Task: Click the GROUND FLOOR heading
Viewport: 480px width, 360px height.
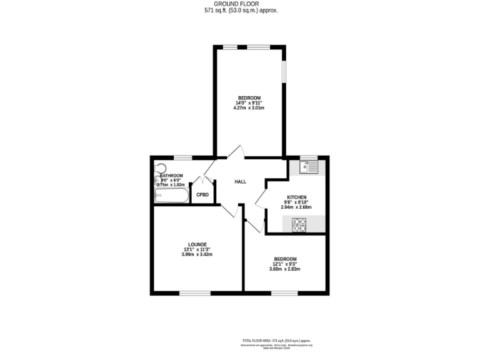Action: pyautogui.click(x=241, y=4)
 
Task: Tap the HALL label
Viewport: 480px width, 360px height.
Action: pyautogui.click(x=240, y=182)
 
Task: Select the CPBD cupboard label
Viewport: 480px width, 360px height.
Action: pyautogui.click(x=202, y=195)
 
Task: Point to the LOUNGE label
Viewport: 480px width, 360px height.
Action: pyautogui.click(x=197, y=244)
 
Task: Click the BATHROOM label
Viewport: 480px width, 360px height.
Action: pyautogui.click(x=171, y=176)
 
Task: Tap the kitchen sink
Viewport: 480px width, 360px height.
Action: pyautogui.click(x=308, y=166)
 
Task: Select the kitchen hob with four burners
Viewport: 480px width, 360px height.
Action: pyautogui.click(x=299, y=224)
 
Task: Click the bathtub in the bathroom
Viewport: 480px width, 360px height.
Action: pyautogui.click(x=170, y=196)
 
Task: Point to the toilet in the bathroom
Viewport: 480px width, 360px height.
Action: pyautogui.click(x=160, y=168)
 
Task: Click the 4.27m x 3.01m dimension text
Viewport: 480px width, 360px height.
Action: pyautogui.click(x=248, y=108)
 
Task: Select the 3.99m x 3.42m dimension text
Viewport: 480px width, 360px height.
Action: pyautogui.click(x=197, y=254)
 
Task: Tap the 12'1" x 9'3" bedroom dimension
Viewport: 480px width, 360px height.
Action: pyautogui.click(x=285, y=264)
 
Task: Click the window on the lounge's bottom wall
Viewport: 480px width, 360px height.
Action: pyautogui.click(x=195, y=292)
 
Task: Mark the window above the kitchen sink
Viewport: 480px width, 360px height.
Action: pyautogui.click(x=309, y=157)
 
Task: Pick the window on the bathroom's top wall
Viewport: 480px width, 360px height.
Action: pyautogui.click(x=182, y=157)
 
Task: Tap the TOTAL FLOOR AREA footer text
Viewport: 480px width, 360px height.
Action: pyautogui.click(x=276, y=341)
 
